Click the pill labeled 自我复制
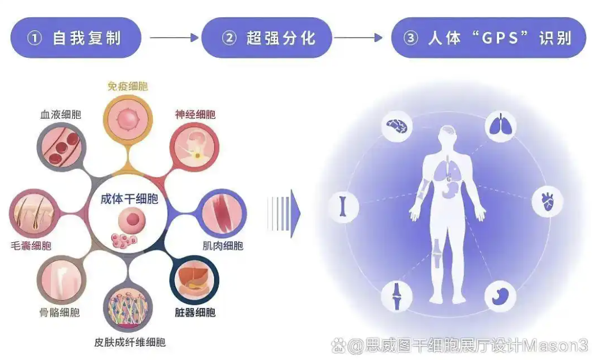click(x=76, y=37)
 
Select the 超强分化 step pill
click(x=267, y=37)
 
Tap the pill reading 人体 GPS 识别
click(x=489, y=37)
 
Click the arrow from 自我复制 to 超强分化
click(x=174, y=37)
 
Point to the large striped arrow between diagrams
click(x=284, y=213)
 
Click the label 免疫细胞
click(x=128, y=86)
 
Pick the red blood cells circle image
click(x=61, y=147)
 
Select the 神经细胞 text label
click(x=195, y=114)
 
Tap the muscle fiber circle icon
click(x=222, y=213)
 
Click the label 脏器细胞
click(x=195, y=312)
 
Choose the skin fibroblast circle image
click(x=128, y=307)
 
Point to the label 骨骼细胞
click(x=59, y=312)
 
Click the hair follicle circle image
click(x=33, y=213)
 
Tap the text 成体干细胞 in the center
click(x=129, y=199)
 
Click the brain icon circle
click(x=396, y=126)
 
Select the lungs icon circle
click(x=500, y=126)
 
